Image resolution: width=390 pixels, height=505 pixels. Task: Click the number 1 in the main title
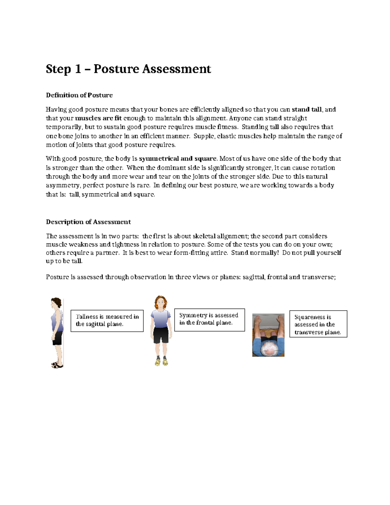(77, 69)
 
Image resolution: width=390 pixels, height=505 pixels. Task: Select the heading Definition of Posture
(79, 95)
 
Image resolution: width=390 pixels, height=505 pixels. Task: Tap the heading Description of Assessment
(88, 222)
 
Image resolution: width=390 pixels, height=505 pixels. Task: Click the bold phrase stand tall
(306, 110)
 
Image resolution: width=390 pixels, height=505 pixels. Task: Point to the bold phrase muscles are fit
(98, 118)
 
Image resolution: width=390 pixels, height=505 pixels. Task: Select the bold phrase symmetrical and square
(178, 159)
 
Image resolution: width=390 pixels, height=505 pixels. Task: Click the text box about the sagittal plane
(107, 321)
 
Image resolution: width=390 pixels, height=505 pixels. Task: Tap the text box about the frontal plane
(209, 320)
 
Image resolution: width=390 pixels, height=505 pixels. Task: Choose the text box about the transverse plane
(318, 324)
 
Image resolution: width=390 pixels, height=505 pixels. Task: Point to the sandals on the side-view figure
(57, 365)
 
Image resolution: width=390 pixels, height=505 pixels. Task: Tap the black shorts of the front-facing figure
(161, 335)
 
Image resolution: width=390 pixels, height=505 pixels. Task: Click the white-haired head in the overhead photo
(269, 348)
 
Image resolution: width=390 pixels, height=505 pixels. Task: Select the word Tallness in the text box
(87, 317)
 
